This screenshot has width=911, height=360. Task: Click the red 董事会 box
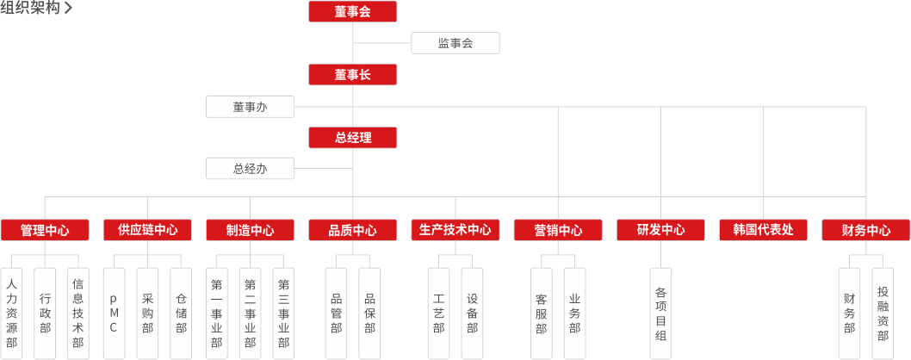pos(352,11)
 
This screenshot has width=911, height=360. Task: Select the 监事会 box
pos(455,43)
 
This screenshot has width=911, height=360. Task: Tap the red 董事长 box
pos(352,74)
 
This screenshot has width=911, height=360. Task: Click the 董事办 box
pos(250,107)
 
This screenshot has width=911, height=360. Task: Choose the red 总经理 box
pos(352,137)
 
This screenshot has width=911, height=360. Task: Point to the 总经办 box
pos(250,169)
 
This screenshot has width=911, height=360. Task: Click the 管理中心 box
pos(44,230)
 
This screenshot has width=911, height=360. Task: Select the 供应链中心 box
pos(146,230)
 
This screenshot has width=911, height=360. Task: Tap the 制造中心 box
pos(250,230)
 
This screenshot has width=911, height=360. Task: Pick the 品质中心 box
pos(352,230)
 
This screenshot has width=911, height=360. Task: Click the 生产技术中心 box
pos(455,230)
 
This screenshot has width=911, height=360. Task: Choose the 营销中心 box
pos(557,230)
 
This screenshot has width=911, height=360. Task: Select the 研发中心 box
pos(660,230)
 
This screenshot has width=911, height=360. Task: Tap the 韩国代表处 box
pos(763,230)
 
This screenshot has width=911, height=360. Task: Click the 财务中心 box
pos(866,230)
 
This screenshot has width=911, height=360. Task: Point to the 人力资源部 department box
pos(11,313)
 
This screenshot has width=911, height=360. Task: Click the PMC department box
pos(114,313)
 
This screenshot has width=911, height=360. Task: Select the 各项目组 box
pos(660,313)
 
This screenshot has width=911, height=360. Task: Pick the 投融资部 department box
pos(883,313)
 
